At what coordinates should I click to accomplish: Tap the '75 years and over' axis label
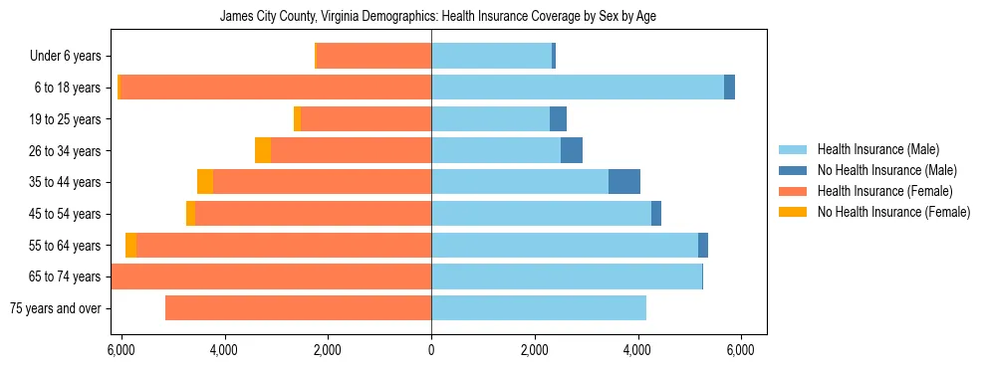[x=56, y=308]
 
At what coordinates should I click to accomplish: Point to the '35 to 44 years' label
[x=65, y=182]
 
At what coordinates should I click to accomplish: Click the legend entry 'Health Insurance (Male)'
[x=878, y=149]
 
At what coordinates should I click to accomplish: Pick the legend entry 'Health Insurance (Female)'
[x=884, y=191]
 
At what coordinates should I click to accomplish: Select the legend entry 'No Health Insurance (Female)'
[x=893, y=212]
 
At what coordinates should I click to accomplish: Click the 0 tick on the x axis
[x=431, y=350]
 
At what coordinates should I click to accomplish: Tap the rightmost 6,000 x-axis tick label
[x=741, y=350]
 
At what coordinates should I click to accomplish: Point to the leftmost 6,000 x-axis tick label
[x=121, y=350]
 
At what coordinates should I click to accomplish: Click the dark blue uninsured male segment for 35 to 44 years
[x=624, y=182]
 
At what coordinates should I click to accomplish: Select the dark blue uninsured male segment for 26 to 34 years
[x=572, y=150]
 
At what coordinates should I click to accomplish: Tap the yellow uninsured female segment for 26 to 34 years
[x=263, y=150]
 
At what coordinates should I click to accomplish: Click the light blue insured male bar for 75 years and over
[x=539, y=308]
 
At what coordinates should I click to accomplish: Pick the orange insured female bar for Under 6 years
[x=373, y=56]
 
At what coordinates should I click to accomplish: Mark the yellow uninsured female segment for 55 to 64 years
[x=131, y=245]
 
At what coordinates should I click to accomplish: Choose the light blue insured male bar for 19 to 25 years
[x=491, y=119]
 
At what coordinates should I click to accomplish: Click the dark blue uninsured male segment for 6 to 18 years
[x=729, y=88]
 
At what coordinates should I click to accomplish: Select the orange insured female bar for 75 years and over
[x=299, y=308]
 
